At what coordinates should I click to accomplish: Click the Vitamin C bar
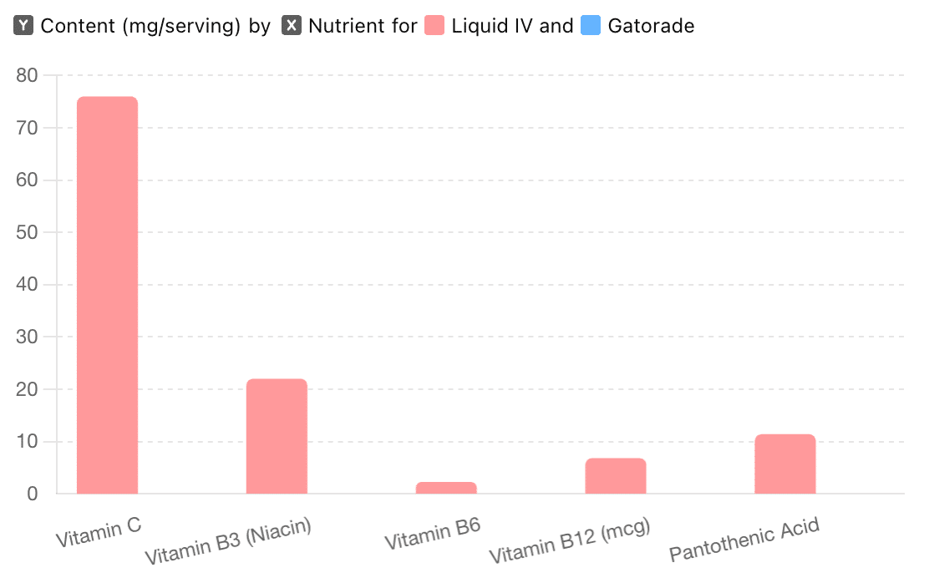[107, 295]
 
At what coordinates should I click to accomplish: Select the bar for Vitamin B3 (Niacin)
[277, 436]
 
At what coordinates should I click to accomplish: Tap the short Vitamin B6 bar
[446, 488]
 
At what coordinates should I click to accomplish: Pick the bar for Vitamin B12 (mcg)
[616, 476]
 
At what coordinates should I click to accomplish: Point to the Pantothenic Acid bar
[785, 464]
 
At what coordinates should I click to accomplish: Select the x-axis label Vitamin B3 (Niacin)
[228, 541]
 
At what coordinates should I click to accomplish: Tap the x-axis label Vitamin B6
[432, 533]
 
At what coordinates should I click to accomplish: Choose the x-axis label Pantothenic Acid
[744, 539]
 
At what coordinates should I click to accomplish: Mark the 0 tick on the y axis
[33, 494]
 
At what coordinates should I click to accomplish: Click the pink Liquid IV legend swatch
[434, 26]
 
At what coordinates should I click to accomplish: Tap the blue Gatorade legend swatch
[591, 26]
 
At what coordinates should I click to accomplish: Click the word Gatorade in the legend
[651, 26]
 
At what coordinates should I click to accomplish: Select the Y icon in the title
[24, 26]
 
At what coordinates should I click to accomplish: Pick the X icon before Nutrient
[292, 26]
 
